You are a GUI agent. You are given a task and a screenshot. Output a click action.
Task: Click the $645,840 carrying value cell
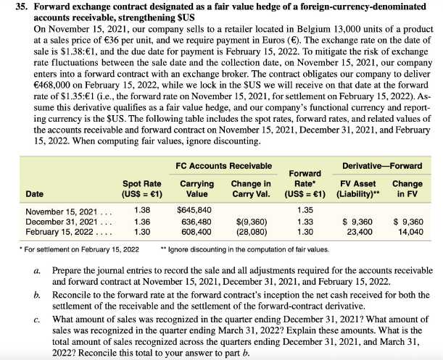(194, 211)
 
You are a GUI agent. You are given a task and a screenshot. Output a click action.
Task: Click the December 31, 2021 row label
(58, 221)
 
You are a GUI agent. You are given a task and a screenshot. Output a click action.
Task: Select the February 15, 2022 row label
(57, 231)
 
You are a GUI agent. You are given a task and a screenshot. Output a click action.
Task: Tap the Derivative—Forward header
(382, 166)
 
